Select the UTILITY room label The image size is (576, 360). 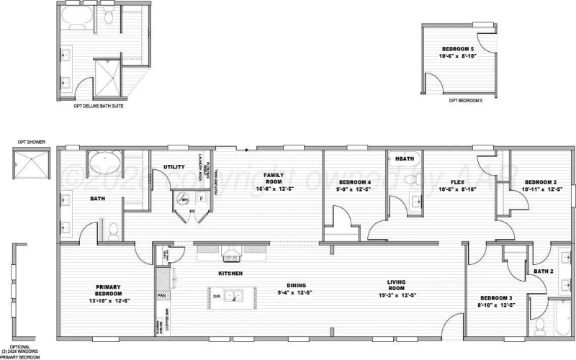click(x=175, y=166)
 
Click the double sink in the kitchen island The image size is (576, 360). click(x=232, y=295)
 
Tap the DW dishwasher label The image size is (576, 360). click(x=215, y=296)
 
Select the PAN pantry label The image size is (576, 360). click(x=163, y=295)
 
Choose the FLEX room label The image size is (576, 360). click(x=456, y=181)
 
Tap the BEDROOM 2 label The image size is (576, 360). click(x=541, y=181)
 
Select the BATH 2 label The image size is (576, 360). click(x=543, y=271)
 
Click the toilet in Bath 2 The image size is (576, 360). click(x=541, y=325)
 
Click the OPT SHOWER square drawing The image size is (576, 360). click(x=29, y=165)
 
